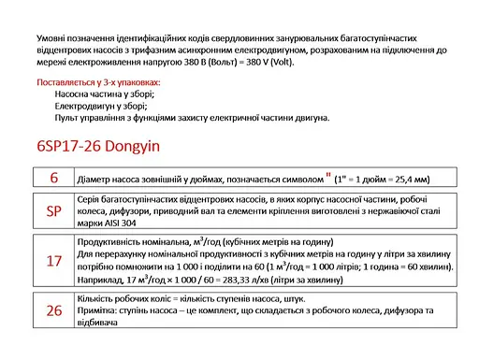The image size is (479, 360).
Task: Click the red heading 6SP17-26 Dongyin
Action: point(98,146)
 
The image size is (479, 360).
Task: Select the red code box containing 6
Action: point(53,178)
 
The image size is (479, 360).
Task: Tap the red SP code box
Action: point(53,212)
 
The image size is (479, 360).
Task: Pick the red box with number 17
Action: point(53,261)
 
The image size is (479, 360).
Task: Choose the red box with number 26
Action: point(53,310)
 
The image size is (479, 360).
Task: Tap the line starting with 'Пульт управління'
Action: point(192,118)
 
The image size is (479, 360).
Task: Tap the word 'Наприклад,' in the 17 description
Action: point(98,279)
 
